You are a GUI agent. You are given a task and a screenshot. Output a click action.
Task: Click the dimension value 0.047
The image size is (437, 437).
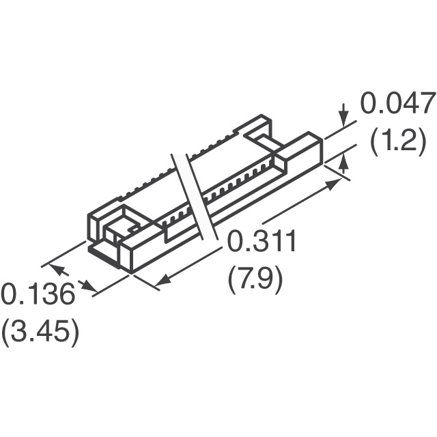click(398, 103)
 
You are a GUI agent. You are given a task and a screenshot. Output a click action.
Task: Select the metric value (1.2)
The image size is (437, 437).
click(398, 141)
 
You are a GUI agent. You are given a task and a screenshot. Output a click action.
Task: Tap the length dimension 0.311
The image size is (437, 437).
click(261, 241)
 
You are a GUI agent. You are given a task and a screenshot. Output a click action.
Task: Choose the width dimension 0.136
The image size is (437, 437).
click(38, 294)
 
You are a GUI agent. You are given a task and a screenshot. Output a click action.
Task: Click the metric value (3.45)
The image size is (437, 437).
click(40, 333)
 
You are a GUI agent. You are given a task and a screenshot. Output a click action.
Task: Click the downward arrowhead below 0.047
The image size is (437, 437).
click(345, 118)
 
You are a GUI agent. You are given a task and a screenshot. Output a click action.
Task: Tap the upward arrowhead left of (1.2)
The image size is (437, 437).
click(345, 163)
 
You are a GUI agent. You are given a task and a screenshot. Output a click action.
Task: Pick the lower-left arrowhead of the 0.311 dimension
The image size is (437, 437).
click(163, 279)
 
